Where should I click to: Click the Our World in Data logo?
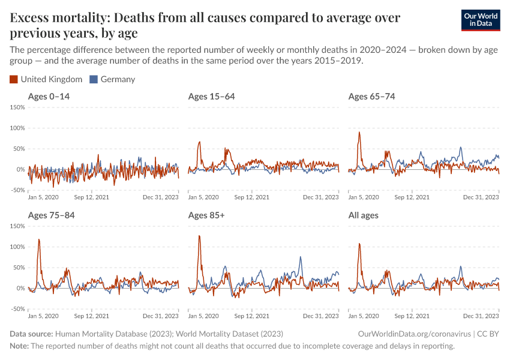[x=480, y=20]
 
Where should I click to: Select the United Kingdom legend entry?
[x=46, y=79]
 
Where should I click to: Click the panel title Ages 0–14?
[x=49, y=97]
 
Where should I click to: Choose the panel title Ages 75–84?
[x=51, y=215]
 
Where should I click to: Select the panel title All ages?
[x=364, y=215]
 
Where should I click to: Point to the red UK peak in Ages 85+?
[x=199, y=236]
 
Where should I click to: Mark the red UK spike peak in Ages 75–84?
[x=39, y=239]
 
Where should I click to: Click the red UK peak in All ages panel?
[x=359, y=244]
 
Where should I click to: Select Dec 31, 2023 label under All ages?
[x=481, y=316]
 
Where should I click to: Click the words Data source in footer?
[x=31, y=334]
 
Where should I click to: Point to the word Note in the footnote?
[x=19, y=346]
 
